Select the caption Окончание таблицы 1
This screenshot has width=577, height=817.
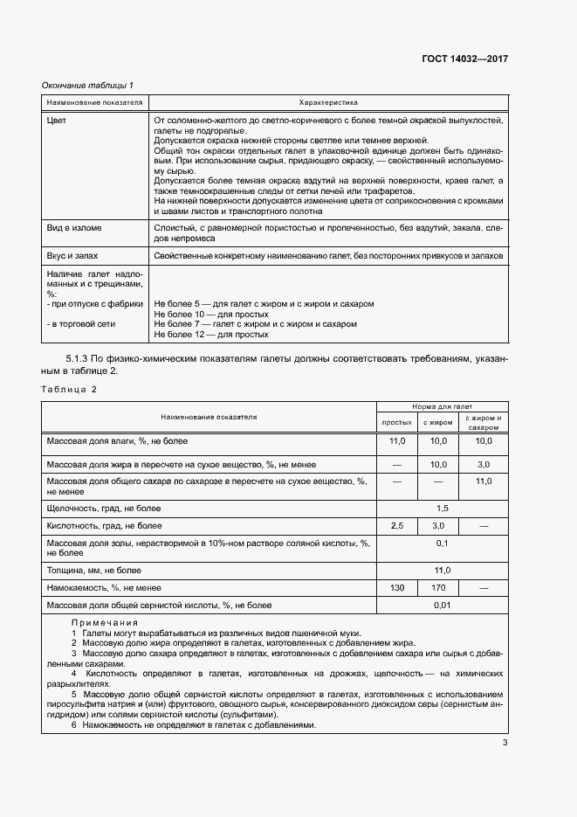pos(88,85)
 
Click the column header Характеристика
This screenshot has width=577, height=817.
pos(327,102)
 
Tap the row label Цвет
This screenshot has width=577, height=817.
pos(56,120)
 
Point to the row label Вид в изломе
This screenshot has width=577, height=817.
pos(74,228)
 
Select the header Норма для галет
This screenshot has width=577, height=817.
pos(442,407)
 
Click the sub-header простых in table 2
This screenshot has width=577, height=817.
pos(397,423)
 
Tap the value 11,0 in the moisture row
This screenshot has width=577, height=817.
pos(397,441)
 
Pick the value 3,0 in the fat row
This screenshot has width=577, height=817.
pos(483,464)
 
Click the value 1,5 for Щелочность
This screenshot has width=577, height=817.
pos(442,508)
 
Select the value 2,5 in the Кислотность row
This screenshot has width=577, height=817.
pos(397,526)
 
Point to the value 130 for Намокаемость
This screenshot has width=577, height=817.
pos(397,588)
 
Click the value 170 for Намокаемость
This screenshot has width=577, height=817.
pos(438,588)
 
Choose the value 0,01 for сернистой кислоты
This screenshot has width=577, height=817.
pos(442,606)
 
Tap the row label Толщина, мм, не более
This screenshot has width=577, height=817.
pos(93,570)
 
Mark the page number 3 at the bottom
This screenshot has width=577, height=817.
pos(505,743)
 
